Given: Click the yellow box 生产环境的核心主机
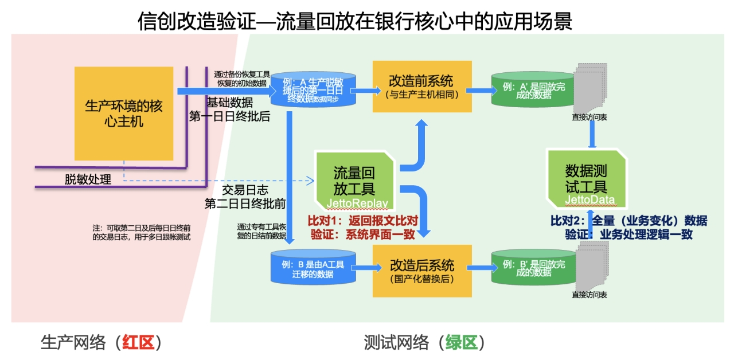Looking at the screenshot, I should pos(124,114).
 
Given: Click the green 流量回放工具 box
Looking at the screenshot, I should pos(354,179).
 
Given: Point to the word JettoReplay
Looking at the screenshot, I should pos(357,204).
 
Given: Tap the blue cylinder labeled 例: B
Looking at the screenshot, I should pos(313,269).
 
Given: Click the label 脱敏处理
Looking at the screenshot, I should pos(88,179).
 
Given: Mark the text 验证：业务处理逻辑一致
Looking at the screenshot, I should pos(629,234).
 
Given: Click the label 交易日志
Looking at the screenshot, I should pos(245,190).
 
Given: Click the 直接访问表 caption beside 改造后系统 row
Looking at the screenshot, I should pos(589,295).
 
